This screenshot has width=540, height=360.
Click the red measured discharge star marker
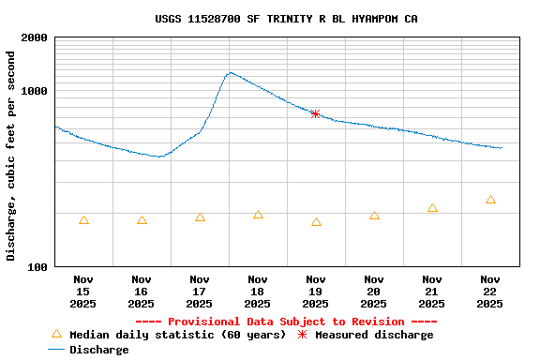pos(315,113)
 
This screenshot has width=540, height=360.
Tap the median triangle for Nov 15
pos(84,220)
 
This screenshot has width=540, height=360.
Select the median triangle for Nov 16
pos(142,220)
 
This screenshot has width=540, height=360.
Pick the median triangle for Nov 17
pos(200,217)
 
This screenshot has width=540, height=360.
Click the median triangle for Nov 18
pos(258,215)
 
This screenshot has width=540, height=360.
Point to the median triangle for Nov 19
pos(316,222)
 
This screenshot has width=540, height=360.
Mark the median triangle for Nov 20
pos(374,216)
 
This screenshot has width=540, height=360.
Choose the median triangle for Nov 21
pos(432,208)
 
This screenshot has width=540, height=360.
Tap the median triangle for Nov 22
pos(490,200)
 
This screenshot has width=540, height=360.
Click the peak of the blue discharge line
pos(230,72)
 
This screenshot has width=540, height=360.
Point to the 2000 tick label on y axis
pos(35,37)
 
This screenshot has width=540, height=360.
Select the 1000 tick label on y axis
pos(35,91)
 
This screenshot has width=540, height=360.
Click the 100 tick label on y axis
pos(37,267)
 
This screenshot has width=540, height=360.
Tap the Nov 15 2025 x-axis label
pos(83,292)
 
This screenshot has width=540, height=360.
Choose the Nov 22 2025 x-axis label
pos(490,292)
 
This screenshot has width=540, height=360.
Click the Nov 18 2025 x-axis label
pos(258,292)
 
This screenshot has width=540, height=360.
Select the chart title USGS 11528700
pos(286,19)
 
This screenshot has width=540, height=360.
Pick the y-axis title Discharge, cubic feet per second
pos(11,156)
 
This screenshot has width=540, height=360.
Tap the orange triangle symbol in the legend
pos(56,334)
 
